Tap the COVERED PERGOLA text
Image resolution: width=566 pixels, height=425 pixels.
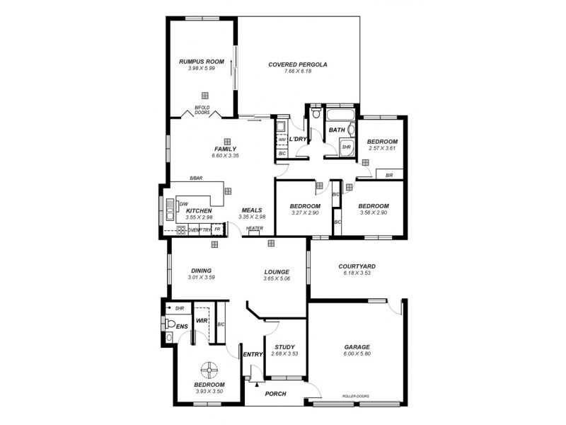coord(297,64)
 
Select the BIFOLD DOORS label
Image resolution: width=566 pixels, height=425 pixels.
coord(202,110)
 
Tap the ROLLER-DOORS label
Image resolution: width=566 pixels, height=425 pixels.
coord(355,397)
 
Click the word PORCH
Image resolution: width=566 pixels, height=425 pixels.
coord(275,394)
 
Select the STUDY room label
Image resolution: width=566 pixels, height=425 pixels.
coord(284,346)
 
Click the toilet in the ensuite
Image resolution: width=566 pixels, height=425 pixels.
coord(169,324)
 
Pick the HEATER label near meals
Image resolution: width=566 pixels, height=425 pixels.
coord(255,228)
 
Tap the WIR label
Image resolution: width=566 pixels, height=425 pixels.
coord(201,320)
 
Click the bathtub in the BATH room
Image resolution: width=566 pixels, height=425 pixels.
coord(340,114)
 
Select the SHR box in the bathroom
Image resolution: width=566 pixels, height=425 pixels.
coord(346,147)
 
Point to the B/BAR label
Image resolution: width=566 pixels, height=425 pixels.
coord(196,178)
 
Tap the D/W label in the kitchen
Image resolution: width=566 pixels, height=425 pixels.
coord(183,203)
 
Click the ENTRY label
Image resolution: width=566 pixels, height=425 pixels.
coord(253,355)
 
